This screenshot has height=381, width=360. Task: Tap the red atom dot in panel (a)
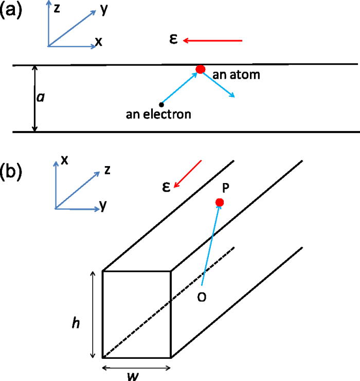click(x=201, y=69)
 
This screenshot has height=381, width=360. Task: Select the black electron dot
click(x=161, y=104)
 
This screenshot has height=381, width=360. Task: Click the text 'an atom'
click(x=237, y=75)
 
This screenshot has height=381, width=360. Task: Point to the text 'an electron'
click(x=158, y=114)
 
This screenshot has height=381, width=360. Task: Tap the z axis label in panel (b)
click(x=107, y=171)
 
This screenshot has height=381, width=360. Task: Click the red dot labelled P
click(x=220, y=203)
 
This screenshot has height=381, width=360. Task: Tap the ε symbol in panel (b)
click(x=167, y=188)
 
